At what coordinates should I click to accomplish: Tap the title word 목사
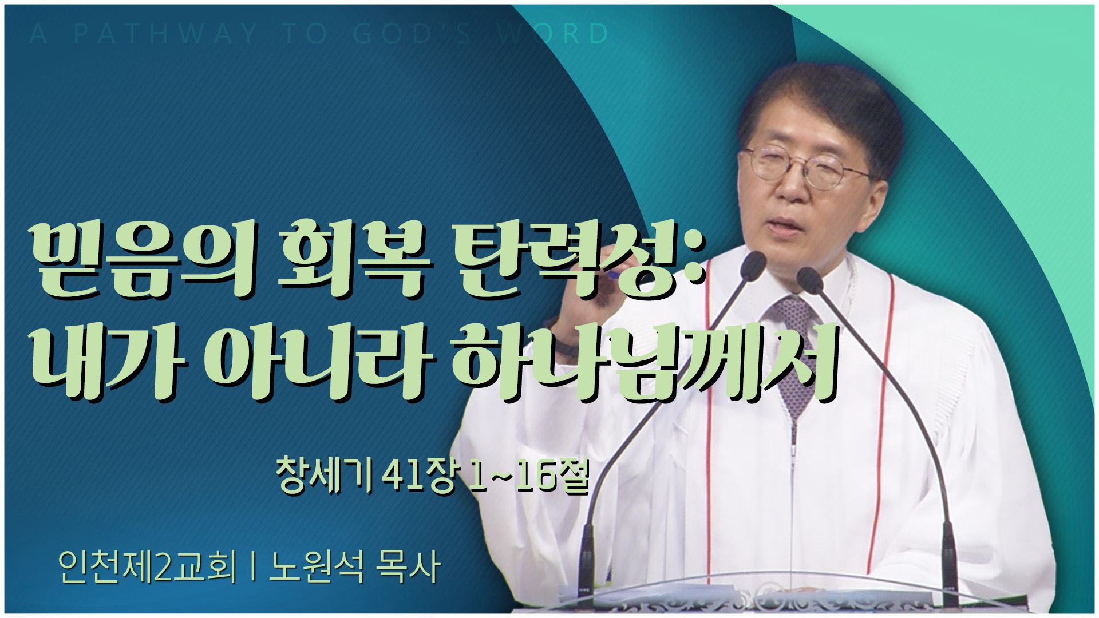click(x=408, y=566)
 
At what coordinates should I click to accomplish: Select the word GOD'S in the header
click(x=412, y=34)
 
